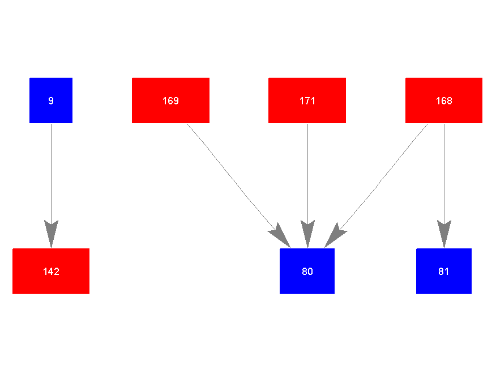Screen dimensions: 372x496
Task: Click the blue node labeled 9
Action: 51,100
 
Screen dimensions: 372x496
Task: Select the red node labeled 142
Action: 51,271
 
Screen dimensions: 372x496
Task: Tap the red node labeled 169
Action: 170,100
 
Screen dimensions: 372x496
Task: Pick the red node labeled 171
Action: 307,100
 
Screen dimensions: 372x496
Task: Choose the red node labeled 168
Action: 444,100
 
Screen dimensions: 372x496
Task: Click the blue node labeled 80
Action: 307,271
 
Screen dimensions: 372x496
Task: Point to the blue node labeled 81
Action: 444,271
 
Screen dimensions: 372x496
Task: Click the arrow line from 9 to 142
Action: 51,170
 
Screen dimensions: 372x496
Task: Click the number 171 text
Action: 307,101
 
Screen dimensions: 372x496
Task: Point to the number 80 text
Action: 307,272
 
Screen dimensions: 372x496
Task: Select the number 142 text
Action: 51,272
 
